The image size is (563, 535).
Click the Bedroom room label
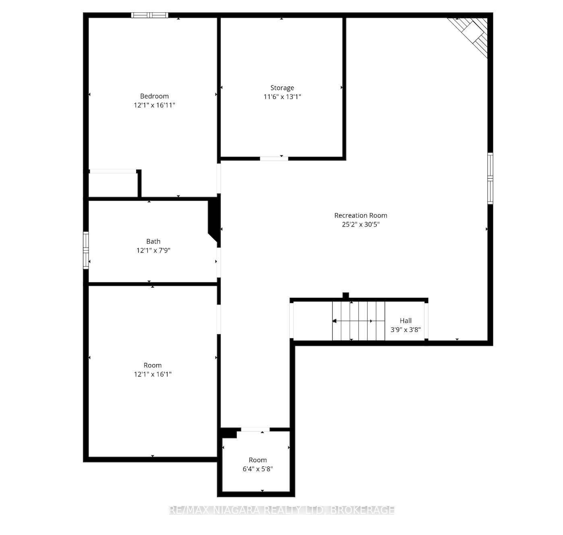pos(154,97)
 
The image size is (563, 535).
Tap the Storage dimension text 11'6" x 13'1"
pos(282,97)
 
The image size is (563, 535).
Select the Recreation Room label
pos(360,215)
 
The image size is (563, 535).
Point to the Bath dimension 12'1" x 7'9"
pos(153,250)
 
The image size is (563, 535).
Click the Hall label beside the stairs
pos(406,321)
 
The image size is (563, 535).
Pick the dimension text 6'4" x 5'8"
pos(258,469)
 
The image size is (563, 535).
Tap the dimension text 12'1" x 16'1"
pos(153,374)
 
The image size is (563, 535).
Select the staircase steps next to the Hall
pos(358,321)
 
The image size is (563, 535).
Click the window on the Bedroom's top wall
pos(150,15)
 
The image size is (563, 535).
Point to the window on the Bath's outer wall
pos(86,250)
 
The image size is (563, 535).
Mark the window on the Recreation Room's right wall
pos(490,178)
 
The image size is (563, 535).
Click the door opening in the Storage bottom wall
pos(274,158)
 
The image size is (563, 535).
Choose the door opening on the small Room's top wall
pos(255,430)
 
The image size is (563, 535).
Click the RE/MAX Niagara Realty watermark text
pos(282,510)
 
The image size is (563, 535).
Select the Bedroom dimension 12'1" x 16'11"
pos(154,105)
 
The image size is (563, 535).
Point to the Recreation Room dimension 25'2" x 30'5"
pos(360,224)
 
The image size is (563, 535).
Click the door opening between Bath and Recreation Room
pos(219,262)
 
